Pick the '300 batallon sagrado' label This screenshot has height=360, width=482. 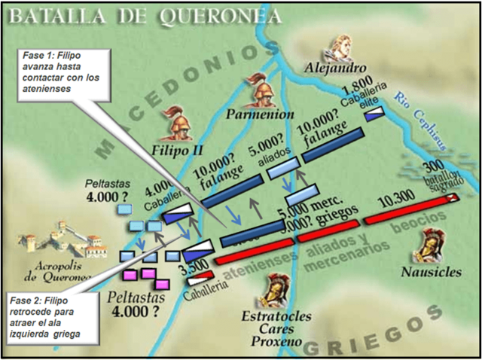[x=444, y=176]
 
